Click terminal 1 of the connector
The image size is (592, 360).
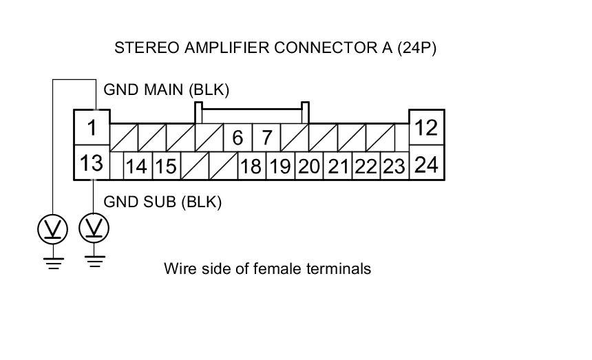tap(92, 127)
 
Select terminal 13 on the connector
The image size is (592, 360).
tap(92, 162)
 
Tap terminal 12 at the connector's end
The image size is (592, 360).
tap(427, 127)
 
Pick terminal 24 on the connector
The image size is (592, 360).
tap(427, 162)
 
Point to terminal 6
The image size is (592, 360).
tap(238, 138)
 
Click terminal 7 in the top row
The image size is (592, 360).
tap(266, 138)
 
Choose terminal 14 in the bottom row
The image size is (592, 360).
tap(138, 166)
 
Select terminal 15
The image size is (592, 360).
tap(167, 166)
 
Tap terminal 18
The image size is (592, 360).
tap(252, 166)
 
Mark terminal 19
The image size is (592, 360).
tap(281, 166)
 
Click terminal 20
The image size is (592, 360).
tap(309, 166)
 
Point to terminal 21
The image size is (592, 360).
tap(338, 166)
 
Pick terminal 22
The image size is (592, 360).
tap(366, 166)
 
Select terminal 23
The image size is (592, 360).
tap(395, 166)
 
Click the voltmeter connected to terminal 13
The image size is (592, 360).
tap(94, 228)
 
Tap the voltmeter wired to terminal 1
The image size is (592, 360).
tap(53, 229)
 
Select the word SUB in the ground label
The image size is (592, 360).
tap(159, 202)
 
